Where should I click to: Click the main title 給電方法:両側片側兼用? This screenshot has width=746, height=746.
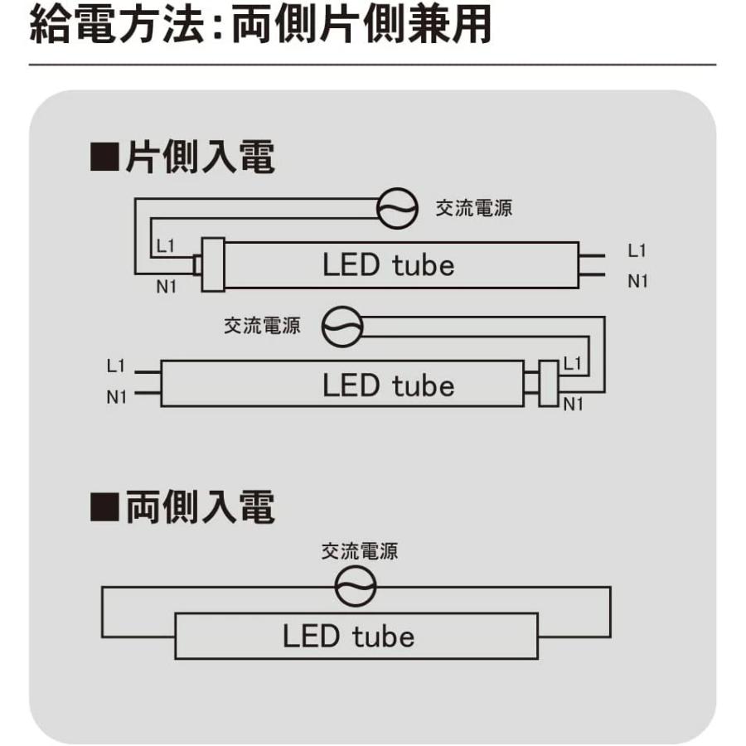[x=259, y=26]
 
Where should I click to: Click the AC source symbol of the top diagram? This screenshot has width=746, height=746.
[x=397, y=208]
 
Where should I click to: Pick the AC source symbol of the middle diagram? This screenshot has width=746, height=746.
[x=342, y=326]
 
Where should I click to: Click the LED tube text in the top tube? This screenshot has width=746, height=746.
[x=388, y=265]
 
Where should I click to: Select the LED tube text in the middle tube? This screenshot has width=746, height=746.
[x=388, y=385]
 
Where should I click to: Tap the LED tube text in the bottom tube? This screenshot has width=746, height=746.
[x=348, y=637]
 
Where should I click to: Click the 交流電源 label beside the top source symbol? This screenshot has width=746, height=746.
[x=474, y=208]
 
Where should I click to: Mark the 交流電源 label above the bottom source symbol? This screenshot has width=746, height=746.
[x=360, y=551]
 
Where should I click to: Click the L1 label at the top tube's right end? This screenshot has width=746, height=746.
[x=637, y=250]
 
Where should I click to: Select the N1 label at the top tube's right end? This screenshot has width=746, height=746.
[x=637, y=281]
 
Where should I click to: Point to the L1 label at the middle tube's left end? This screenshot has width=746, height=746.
[x=116, y=365]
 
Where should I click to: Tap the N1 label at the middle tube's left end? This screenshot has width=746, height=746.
[x=116, y=397]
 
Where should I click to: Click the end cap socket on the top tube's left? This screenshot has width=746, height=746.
[x=214, y=264]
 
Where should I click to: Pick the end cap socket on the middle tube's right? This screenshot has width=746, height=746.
[x=547, y=383]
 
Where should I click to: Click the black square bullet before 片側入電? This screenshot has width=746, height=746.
[x=104, y=157]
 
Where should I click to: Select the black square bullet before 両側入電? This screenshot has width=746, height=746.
[x=104, y=508]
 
